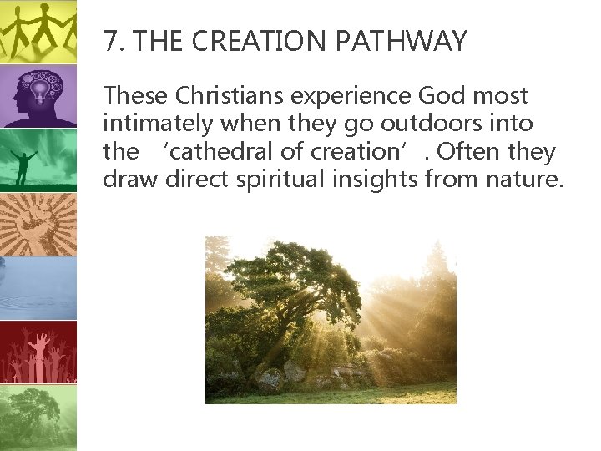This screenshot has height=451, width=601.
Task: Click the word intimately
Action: click(155, 124)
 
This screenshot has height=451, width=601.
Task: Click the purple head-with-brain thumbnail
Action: click(38, 96)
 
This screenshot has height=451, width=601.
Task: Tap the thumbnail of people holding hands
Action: click(38, 31)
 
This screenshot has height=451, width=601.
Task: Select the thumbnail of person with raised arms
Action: click(38, 160)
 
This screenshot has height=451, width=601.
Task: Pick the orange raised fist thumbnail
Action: click(38, 224)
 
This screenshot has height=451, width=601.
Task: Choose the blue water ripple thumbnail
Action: click(38, 288)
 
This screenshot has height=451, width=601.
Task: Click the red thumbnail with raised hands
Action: click(38, 352)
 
